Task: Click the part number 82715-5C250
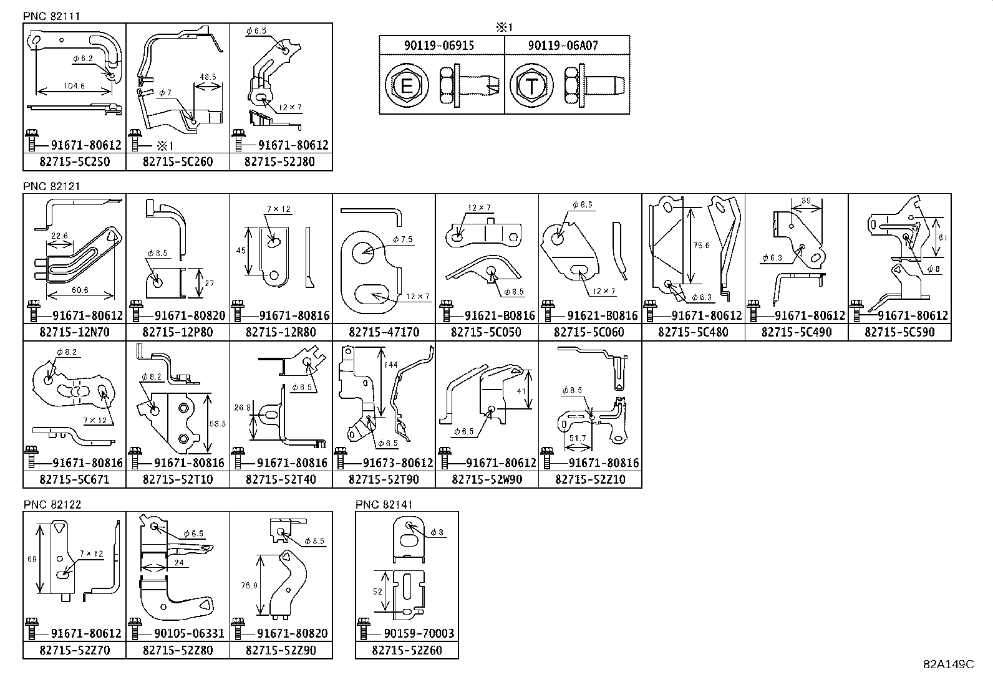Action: point(74,162)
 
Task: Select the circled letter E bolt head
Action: point(406,85)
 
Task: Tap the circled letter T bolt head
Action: point(530,85)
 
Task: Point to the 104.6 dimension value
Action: point(74,86)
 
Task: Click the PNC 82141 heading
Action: point(384,505)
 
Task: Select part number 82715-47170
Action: point(384,332)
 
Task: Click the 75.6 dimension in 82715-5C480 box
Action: point(701,246)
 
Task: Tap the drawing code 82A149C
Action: point(948,664)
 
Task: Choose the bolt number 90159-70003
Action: point(419,634)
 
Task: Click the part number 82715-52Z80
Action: point(177,651)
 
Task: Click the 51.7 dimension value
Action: point(578,438)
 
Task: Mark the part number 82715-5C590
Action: point(899,332)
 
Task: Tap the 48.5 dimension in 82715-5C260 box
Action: point(208,77)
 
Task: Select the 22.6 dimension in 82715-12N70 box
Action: point(60,236)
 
